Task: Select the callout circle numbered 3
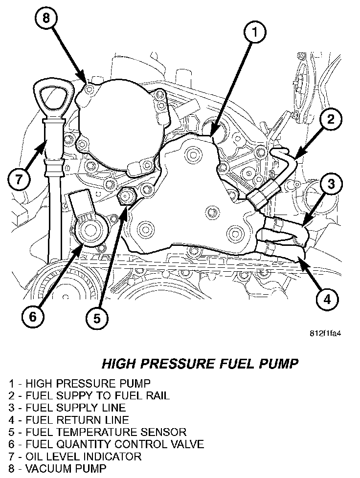coord(331,184)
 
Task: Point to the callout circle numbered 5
coord(97,318)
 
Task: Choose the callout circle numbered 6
coord(32,316)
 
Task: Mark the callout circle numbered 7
coord(19,179)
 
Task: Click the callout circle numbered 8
coord(45,19)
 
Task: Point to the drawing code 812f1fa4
coord(326,335)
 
